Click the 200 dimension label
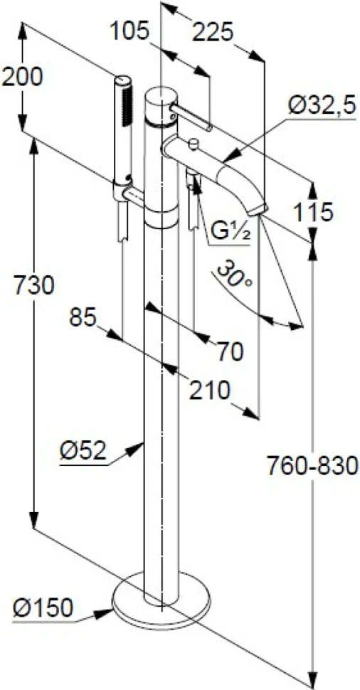point(23,78)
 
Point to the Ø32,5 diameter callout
point(322,106)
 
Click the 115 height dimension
point(313,213)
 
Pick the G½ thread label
point(231,233)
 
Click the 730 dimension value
point(33,285)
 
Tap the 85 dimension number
point(83,319)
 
